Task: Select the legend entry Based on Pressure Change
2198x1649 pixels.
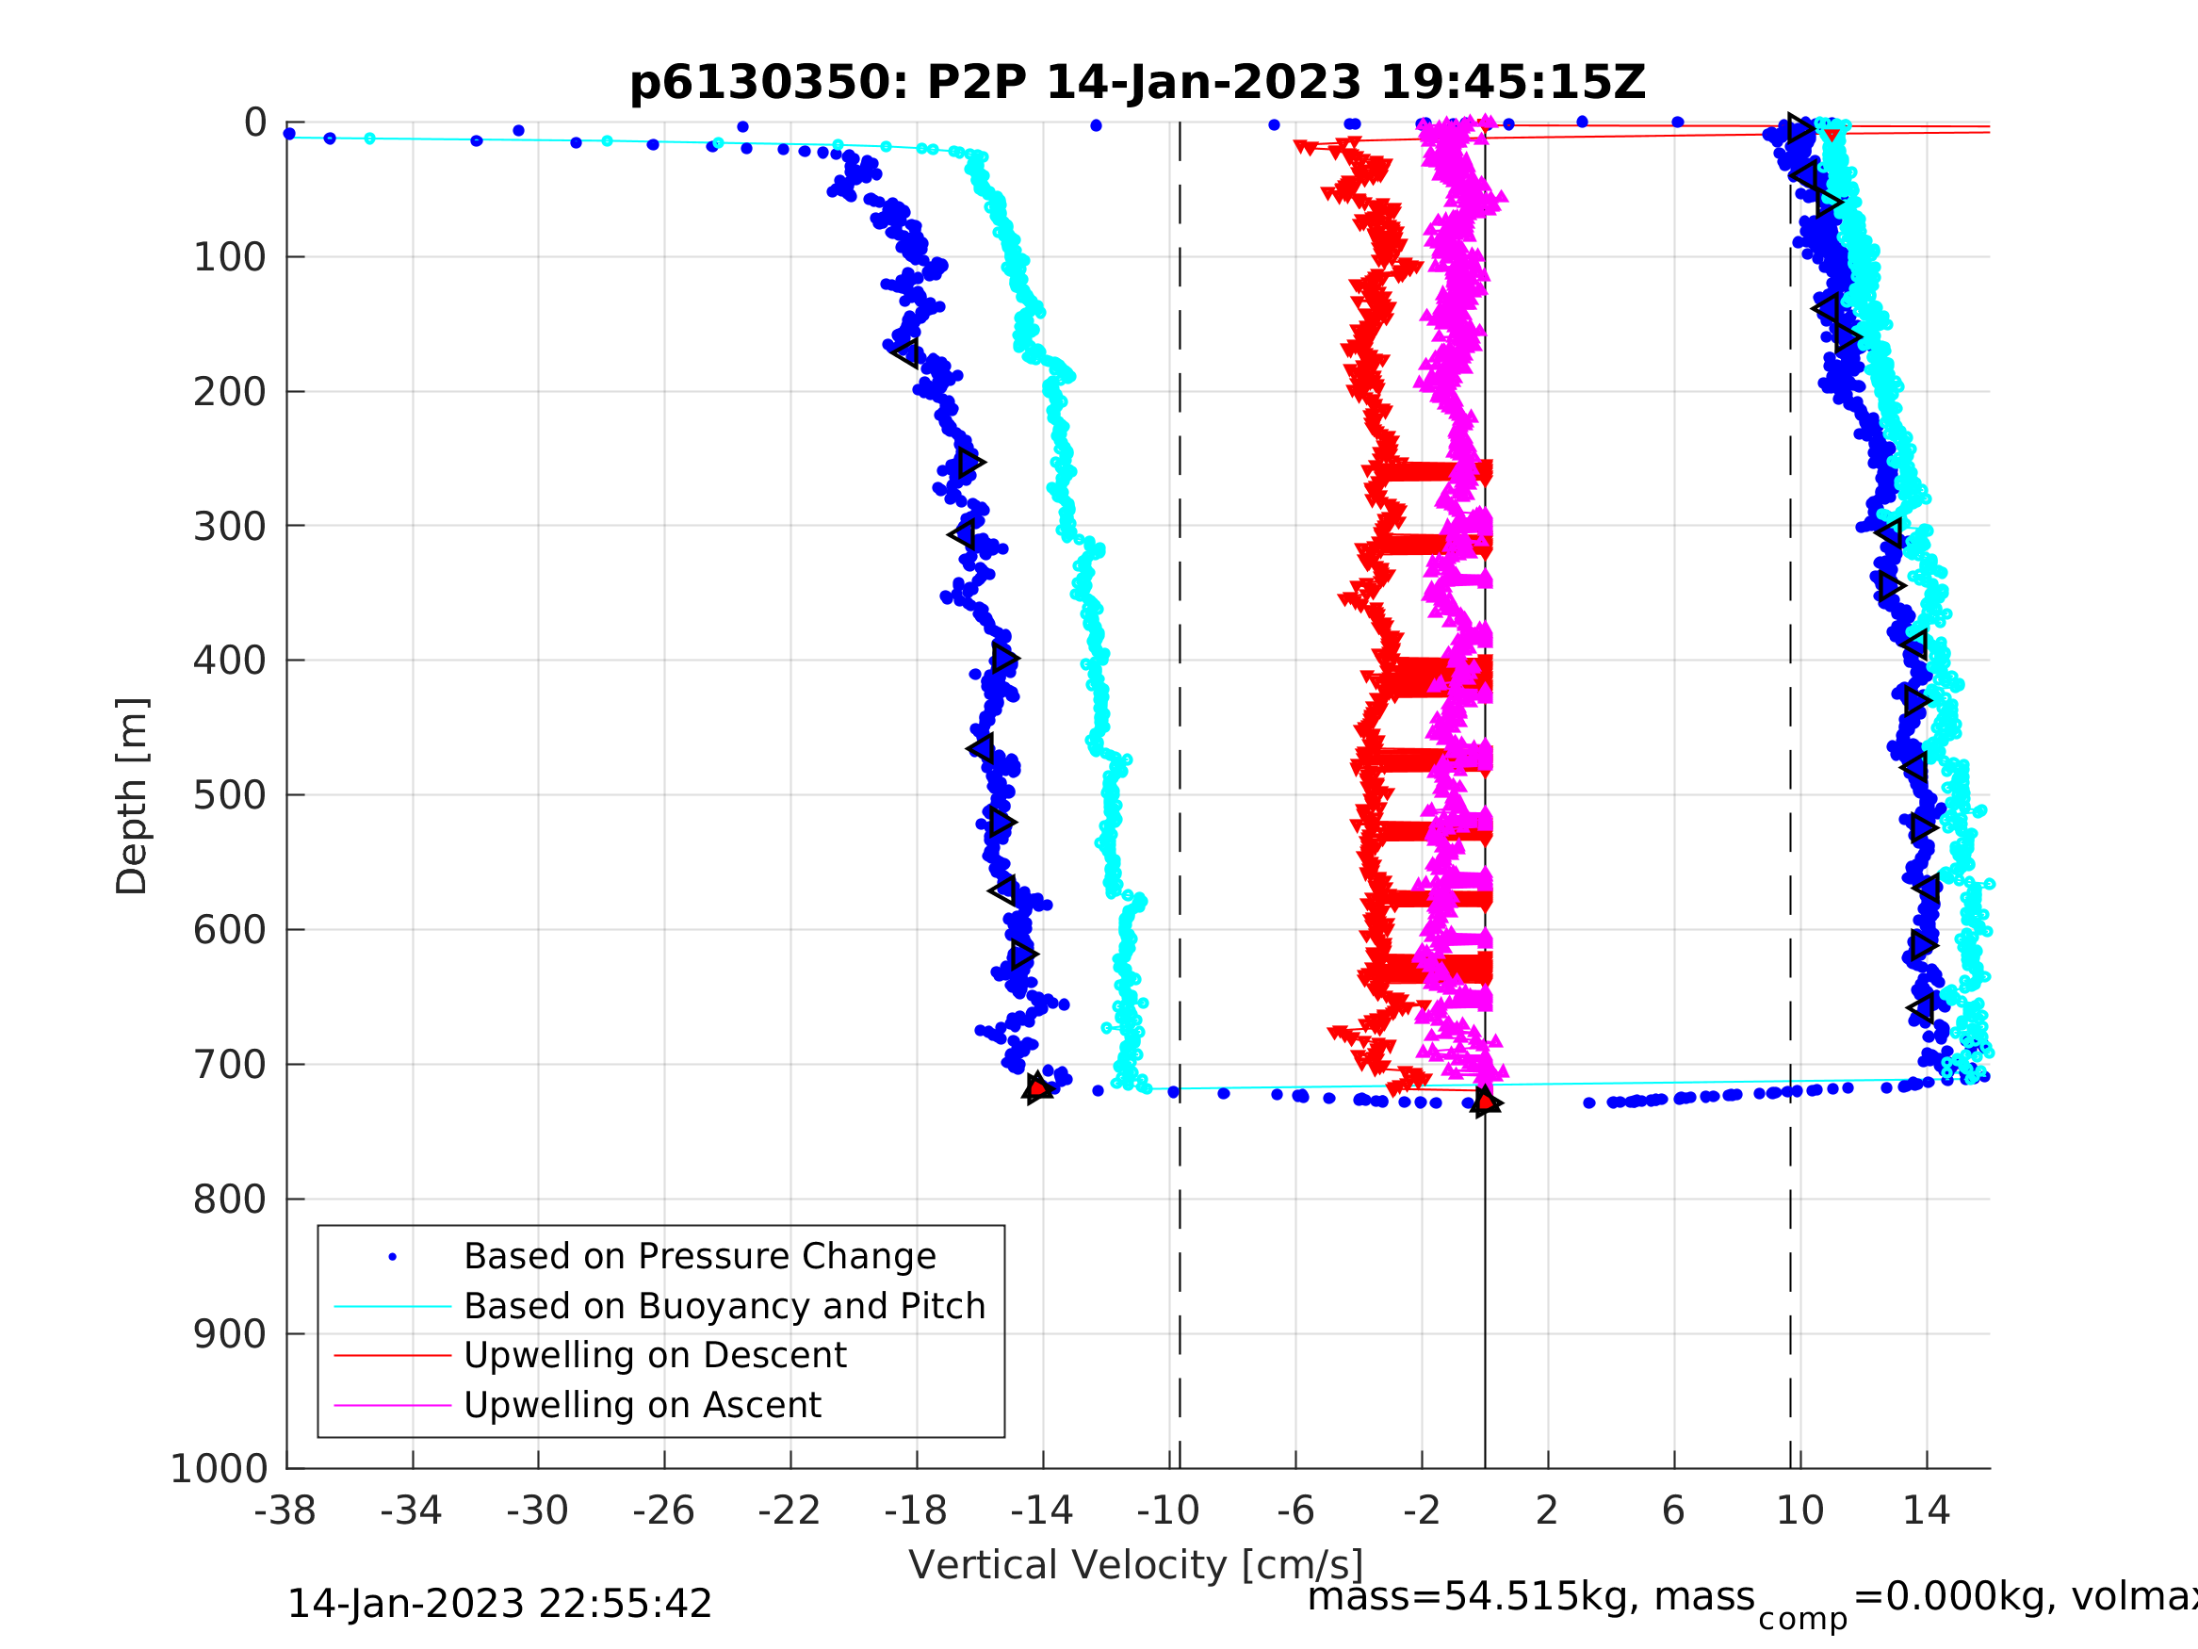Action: click(700, 1256)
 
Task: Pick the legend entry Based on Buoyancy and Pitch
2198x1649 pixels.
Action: click(725, 1306)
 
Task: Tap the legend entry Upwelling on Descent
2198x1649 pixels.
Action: click(655, 1355)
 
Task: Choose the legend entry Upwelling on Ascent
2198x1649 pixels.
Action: click(642, 1405)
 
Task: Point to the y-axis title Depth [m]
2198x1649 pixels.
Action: click(132, 795)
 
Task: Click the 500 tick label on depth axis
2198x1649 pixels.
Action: click(230, 795)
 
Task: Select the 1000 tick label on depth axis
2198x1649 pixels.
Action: click(219, 1468)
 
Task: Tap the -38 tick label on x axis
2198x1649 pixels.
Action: click(285, 1510)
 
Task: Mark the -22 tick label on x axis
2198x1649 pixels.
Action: click(789, 1510)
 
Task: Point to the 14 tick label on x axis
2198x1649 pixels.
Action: click(1926, 1510)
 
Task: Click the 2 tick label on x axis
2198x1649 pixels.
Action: click(1546, 1510)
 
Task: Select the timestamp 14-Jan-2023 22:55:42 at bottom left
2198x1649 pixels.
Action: click(498, 1605)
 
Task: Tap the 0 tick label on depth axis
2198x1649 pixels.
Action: click(255, 123)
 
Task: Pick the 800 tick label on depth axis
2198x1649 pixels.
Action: click(230, 1200)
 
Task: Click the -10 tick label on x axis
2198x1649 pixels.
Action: click(1167, 1510)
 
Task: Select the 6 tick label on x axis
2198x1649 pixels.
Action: click(1673, 1510)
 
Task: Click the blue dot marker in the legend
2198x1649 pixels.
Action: click(393, 1257)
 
